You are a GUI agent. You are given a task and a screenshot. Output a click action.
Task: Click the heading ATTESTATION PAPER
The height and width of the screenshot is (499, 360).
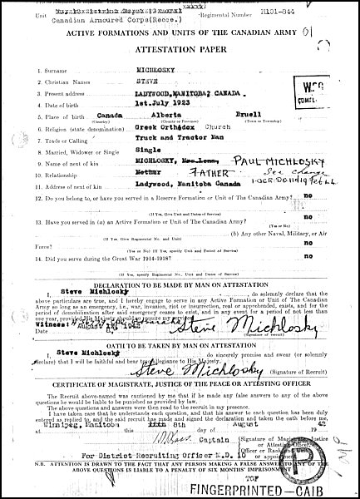179,48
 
